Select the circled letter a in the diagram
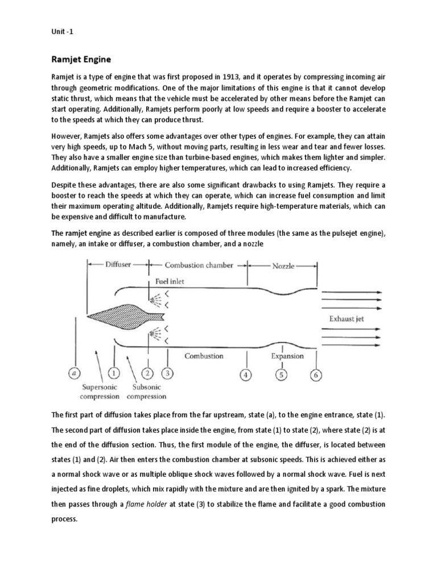pos(74,373)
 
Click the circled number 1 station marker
pos(114,373)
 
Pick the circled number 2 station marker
pos(147,373)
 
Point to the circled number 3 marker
pos(167,373)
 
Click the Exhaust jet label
pos(347,319)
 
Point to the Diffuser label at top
pos(117,264)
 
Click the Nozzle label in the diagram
pos(283,265)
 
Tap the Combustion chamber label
pos(198,265)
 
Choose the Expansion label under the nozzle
pos(287,356)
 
